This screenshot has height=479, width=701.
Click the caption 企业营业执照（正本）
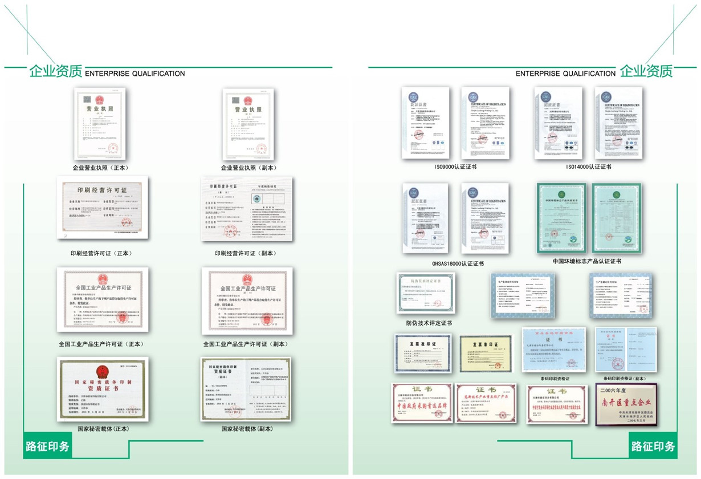(x=100, y=168)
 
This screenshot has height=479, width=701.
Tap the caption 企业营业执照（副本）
(x=248, y=168)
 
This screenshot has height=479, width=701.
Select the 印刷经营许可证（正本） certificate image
(x=103, y=207)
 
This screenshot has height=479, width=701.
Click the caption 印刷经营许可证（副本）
(x=245, y=253)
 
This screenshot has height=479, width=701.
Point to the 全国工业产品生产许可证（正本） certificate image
(x=103, y=299)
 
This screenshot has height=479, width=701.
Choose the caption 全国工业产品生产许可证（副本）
(x=246, y=344)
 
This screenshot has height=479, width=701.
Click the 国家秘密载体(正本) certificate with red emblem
(x=103, y=389)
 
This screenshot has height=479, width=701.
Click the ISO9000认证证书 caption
(x=455, y=167)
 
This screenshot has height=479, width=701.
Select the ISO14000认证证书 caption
(x=588, y=167)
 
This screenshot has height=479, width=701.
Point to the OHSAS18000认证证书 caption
(x=458, y=263)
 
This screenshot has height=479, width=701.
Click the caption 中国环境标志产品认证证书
(x=587, y=261)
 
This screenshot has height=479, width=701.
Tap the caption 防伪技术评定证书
(x=429, y=323)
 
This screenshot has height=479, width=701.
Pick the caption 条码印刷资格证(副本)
(x=625, y=379)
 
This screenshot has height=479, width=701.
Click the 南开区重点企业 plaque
(x=626, y=404)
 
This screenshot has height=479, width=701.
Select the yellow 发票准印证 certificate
(x=486, y=354)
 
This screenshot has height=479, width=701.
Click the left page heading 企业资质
(x=56, y=71)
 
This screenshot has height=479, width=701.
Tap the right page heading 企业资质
(x=646, y=71)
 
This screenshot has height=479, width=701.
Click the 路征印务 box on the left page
(x=47, y=446)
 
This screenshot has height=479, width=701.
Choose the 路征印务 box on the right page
(x=653, y=446)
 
